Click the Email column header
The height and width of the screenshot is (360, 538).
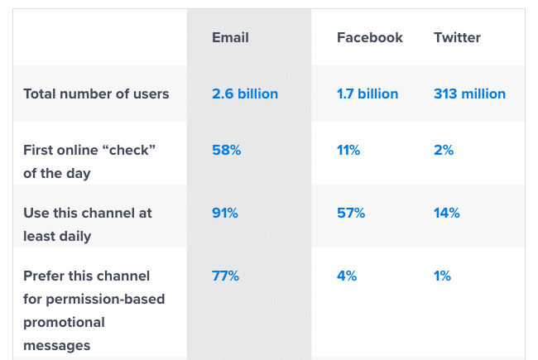230,37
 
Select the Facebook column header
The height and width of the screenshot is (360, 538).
370,37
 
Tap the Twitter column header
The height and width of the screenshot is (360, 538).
457,37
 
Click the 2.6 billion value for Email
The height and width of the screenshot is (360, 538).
245,94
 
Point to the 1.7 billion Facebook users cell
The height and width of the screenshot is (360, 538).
367,94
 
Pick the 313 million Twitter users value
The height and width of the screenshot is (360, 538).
469,94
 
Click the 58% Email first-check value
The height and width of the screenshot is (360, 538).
225,150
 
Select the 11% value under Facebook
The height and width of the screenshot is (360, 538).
348,150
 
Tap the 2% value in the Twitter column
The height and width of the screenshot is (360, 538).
444,150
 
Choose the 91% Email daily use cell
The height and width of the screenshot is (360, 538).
225,213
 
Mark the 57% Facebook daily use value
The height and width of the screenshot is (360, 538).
351,213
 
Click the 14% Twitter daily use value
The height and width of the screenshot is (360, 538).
447,213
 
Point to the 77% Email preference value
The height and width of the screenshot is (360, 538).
225,276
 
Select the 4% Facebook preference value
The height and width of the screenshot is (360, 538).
347,276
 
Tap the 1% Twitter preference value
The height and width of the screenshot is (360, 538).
442,276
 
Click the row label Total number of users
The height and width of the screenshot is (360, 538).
96,94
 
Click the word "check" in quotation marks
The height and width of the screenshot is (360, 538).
131,150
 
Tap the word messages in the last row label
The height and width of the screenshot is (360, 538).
57,345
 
